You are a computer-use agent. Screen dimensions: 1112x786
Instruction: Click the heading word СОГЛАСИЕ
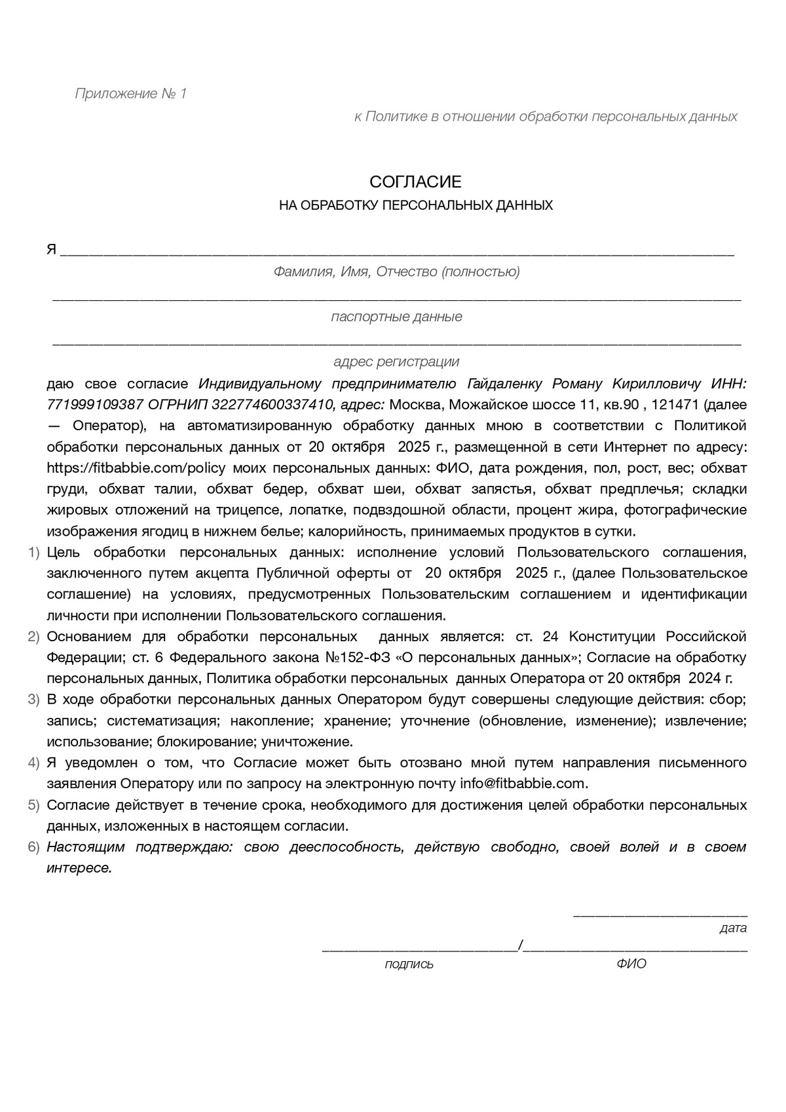(415, 182)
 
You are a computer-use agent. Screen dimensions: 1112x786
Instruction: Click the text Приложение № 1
(131, 94)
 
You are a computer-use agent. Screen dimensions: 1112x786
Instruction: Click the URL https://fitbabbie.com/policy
(136, 468)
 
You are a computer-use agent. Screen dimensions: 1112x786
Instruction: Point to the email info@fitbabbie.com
(523, 784)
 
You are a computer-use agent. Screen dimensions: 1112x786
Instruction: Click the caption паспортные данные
(396, 317)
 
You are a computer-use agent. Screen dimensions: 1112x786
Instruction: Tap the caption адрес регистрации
(396, 362)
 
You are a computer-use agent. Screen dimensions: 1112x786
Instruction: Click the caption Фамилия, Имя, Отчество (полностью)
(396, 271)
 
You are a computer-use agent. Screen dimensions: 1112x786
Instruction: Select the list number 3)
(34, 700)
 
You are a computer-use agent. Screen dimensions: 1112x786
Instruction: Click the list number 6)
(34, 847)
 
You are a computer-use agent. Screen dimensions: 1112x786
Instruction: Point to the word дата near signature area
(732, 928)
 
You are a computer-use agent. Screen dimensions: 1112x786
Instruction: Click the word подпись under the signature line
(409, 964)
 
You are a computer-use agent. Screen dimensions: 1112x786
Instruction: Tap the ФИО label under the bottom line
(631, 964)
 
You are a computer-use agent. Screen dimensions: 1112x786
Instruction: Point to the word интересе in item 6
(79, 868)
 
